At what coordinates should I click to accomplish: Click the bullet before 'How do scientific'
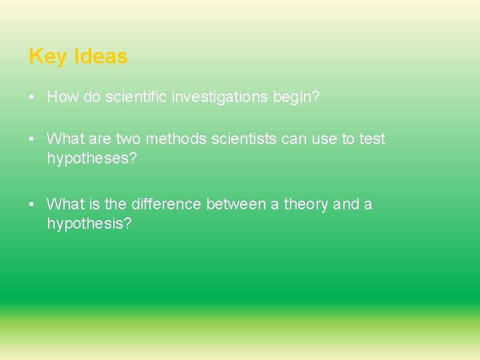click(32, 97)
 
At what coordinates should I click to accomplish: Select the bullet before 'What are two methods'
click(32, 139)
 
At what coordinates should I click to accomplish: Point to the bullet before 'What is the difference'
click(32, 204)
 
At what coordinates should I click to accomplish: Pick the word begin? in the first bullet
click(296, 97)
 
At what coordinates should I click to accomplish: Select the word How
click(63, 97)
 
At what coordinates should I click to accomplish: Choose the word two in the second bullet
click(128, 139)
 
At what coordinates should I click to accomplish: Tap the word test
click(373, 139)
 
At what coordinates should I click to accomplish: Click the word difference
click(166, 204)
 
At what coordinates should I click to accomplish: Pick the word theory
click(306, 204)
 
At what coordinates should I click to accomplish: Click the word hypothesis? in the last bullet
click(89, 223)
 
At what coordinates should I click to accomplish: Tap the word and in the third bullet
click(346, 204)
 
